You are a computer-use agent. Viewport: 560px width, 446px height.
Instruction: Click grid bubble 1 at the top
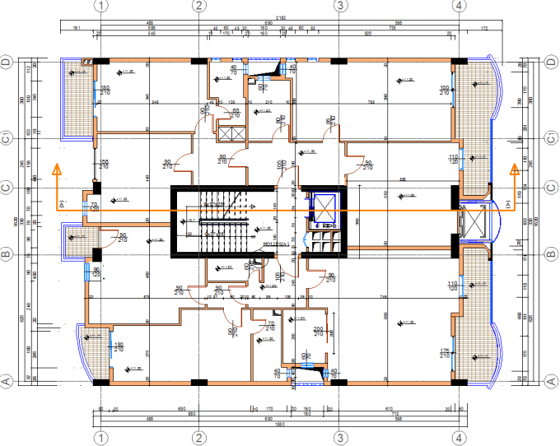[x=101, y=6]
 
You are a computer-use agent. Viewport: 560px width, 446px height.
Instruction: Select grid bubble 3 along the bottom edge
[x=338, y=437]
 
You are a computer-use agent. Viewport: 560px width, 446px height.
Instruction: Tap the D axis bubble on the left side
[x=6, y=62]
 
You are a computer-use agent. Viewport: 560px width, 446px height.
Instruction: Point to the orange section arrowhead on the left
[x=57, y=170]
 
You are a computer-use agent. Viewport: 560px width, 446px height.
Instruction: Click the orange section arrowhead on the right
[x=515, y=170]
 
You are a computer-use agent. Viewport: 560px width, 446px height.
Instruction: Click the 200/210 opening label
[x=319, y=332]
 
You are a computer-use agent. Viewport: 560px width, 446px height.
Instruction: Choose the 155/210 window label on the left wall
[x=105, y=164]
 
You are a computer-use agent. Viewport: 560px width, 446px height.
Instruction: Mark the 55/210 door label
[x=236, y=113]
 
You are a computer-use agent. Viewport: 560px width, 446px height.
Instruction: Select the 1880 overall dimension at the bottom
[x=278, y=425]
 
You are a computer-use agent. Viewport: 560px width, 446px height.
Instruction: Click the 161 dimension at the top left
[x=76, y=29]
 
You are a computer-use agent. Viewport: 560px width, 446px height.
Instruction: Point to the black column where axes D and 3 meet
[x=338, y=61]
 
